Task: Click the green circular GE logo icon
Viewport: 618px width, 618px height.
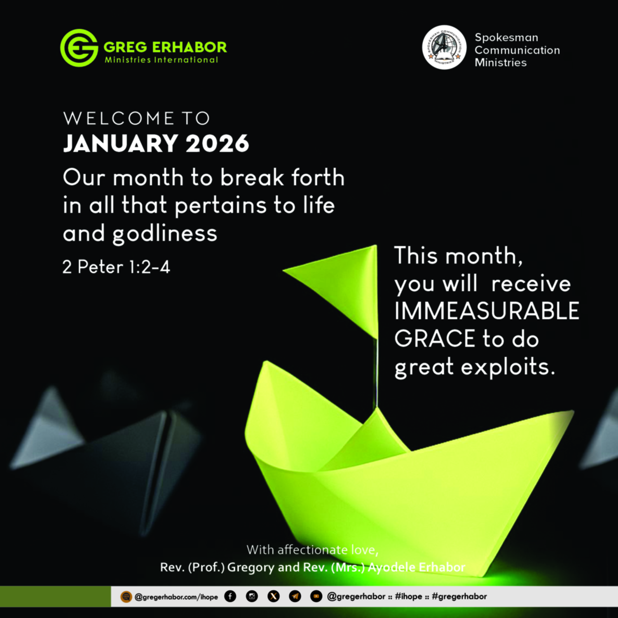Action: click(x=79, y=48)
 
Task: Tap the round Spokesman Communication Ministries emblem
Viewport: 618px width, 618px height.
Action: click(x=444, y=47)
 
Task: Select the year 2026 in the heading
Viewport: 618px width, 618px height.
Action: click(x=217, y=143)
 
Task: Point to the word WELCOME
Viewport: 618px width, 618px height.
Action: click(x=119, y=119)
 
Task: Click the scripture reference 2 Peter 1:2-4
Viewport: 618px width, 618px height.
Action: click(x=116, y=267)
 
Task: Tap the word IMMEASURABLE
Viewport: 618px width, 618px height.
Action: click(x=487, y=311)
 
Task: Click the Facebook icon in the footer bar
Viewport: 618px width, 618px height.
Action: click(x=230, y=596)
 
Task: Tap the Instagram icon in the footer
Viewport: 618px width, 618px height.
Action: click(x=252, y=596)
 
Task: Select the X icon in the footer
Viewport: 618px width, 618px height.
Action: click(x=273, y=596)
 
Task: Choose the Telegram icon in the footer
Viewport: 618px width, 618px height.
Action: click(x=295, y=596)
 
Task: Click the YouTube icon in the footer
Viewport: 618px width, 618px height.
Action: click(x=316, y=596)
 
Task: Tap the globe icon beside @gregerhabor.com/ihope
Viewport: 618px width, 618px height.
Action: click(x=126, y=596)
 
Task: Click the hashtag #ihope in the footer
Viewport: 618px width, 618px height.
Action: click(x=409, y=596)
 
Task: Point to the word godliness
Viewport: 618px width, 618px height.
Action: click(x=165, y=234)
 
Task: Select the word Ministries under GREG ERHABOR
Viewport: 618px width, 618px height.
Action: click(x=128, y=60)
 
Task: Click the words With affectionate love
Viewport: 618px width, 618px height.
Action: click(x=312, y=550)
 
